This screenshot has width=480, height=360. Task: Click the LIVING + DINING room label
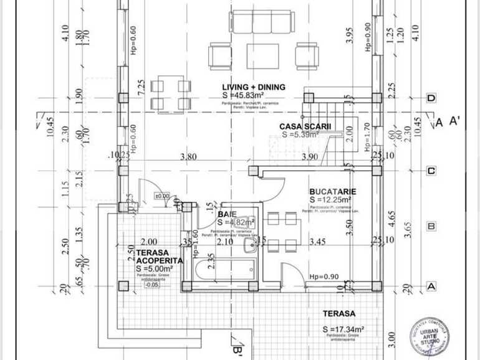click(x=254, y=87)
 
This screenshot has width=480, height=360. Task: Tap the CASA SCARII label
click(x=305, y=126)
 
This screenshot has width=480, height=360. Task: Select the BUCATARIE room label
click(x=332, y=191)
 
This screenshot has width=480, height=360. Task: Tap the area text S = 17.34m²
click(x=343, y=328)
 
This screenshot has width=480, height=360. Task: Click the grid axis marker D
click(x=430, y=98)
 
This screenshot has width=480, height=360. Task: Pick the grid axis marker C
click(x=430, y=170)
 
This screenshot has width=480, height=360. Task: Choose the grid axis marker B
click(x=430, y=227)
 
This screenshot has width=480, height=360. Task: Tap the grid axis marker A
click(x=430, y=286)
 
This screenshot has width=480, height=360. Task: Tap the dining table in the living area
click(x=170, y=93)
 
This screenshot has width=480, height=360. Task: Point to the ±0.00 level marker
click(x=162, y=196)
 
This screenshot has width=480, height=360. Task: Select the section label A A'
click(x=447, y=121)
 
